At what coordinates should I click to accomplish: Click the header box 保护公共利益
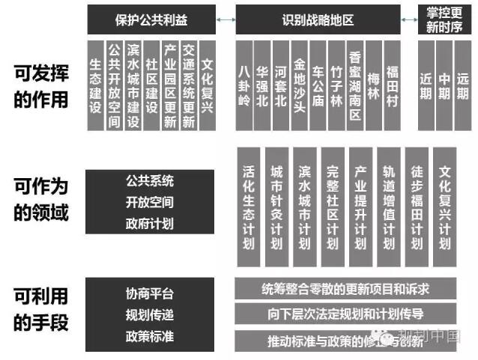click(x=151, y=18)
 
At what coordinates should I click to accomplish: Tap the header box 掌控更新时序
click(x=445, y=18)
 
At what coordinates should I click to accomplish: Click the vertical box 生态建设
click(x=95, y=84)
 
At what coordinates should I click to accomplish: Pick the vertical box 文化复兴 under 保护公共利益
click(x=208, y=84)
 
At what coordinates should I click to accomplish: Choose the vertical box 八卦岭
click(x=243, y=84)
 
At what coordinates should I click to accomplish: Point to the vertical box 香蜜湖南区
click(x=355, y=84)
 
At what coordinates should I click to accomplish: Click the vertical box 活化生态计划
click(x=249, y=207)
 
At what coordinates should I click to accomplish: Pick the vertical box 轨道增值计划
click(x=390, y=207)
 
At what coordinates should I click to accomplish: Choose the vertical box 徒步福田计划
click(x=417, y=207)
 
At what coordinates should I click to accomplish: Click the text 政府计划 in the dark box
click(x=150, y=223)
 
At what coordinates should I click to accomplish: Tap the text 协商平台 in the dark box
click(x=150, y=293)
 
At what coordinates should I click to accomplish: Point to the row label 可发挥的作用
click(x=41, y=85)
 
